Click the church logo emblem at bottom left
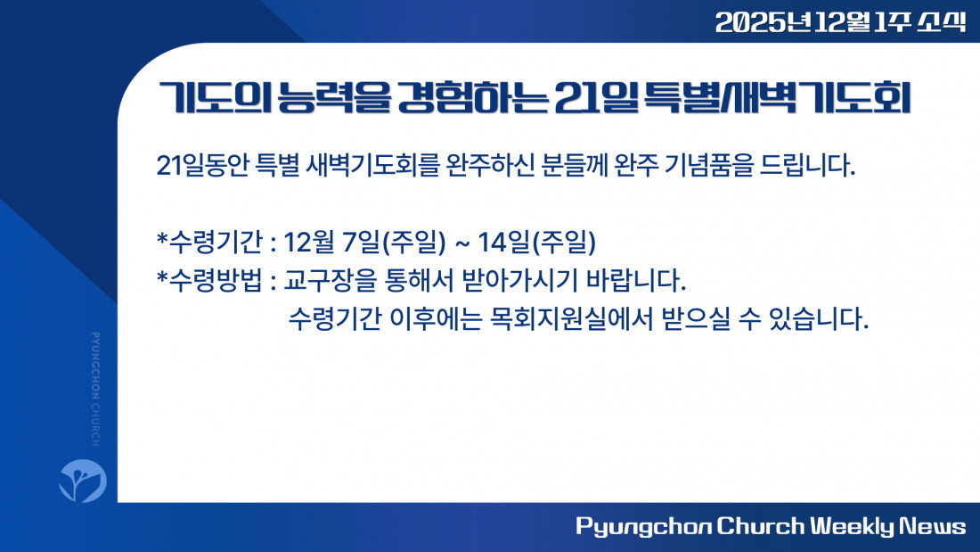click(83, 481)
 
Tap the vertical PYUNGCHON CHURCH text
click(95, 390)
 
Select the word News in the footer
click(933, 526)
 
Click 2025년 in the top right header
click(764, 22)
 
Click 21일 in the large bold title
click(596, 98)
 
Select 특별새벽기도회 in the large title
click(777, 98)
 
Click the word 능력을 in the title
click(334, 98)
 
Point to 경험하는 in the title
click(473, 98)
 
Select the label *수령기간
click(209, 243)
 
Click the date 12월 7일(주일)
click(365, 243)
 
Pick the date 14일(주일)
click(536, 243)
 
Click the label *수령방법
click(209, 280)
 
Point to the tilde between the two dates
click(461, 243)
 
